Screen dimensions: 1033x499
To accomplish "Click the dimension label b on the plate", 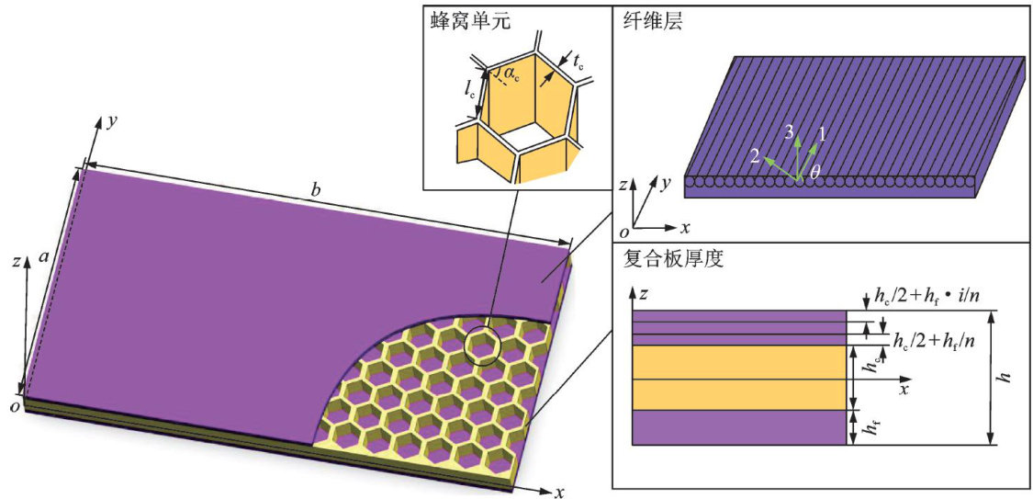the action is pos(316,191).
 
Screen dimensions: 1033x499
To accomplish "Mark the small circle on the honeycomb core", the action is pos(482,346).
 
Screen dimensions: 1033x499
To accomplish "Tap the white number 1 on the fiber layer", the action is pos(822,133).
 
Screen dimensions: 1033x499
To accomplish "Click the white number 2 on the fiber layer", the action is pos(754,156).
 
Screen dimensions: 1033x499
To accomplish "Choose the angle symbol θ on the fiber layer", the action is pos(814,171).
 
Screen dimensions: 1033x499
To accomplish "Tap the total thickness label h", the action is pos(1006,377).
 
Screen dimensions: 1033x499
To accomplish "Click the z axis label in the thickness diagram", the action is pos(646,294).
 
